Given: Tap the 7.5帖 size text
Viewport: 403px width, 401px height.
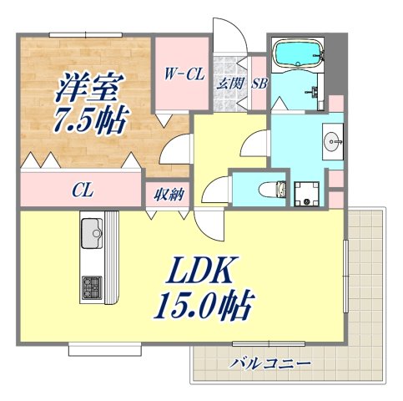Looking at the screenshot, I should (x=90, y=121).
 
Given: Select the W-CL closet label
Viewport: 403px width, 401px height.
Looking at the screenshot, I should (x=183, y=74).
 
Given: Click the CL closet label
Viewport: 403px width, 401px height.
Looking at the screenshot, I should (x=81, y=190).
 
